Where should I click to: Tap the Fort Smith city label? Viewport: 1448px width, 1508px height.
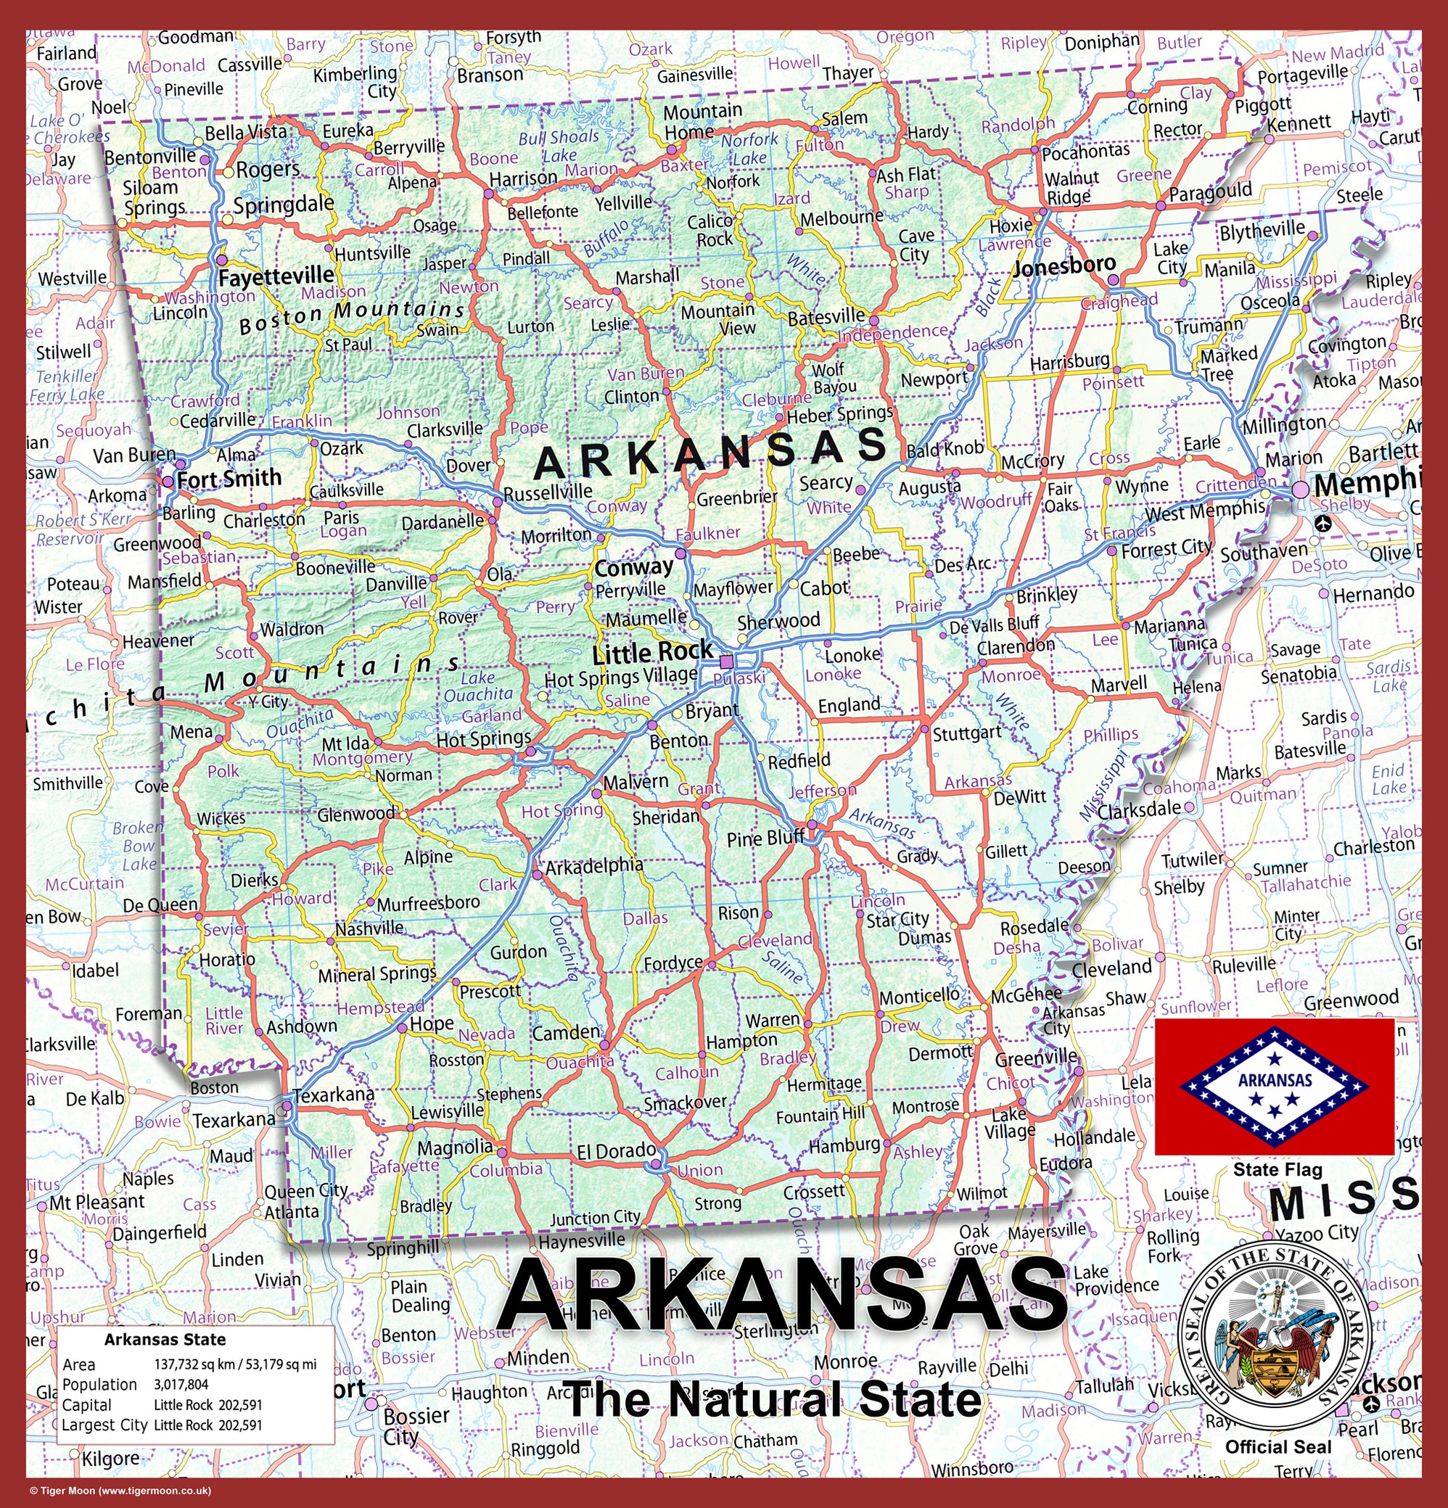point(229,479)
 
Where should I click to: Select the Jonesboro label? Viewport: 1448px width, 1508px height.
point(1064,266)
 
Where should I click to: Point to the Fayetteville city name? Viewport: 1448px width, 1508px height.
point(276,276)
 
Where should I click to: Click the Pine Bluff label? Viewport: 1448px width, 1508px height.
point(765,838)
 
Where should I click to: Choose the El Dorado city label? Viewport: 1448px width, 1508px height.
point(617,1151)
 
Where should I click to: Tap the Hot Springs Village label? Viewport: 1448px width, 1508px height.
point(621,677)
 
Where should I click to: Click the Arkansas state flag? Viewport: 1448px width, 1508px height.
point(1274,1086)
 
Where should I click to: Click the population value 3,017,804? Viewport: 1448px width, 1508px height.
point(181,1385)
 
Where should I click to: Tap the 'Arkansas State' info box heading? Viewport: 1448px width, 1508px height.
point(165,1340)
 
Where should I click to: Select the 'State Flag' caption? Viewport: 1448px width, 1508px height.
point(1278,1170)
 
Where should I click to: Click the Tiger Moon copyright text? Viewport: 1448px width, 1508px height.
point(120,1491)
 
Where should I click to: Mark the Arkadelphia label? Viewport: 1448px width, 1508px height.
point(594,865)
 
